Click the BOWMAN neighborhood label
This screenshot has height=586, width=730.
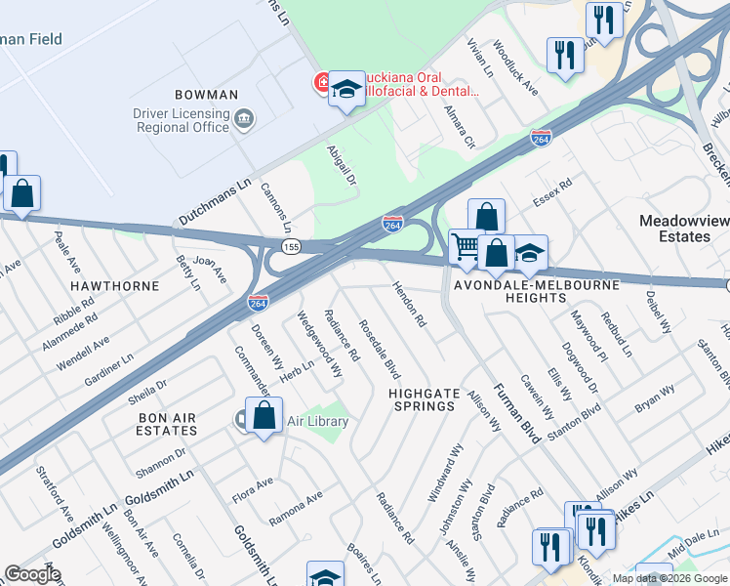pyautogui.click(x=206, y=95)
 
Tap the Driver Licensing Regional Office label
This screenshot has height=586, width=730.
pyautogui.click(x=182, y=121)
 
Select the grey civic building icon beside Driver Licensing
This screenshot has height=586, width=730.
pyautogui.click(x=244, y=120)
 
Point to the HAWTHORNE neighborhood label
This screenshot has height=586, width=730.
pyautogui.click(x=114, y=286)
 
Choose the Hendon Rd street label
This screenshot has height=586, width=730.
pyautogui.click(x=410, y=305)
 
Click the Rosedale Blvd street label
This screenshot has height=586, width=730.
pyautogui.click(x=380, y=349)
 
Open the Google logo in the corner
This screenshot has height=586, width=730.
pyautogui.click(x=32, y=574)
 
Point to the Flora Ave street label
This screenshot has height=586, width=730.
pyautogui.click(x=252, y=489)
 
